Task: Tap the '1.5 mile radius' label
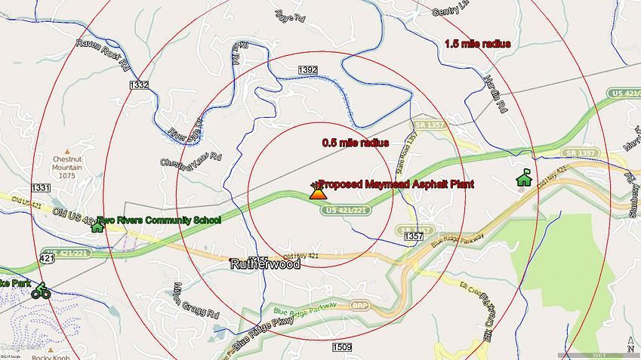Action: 477,44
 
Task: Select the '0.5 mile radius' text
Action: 355,143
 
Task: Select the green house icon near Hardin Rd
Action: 522,178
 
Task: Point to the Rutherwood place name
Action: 264,264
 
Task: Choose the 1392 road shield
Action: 307,69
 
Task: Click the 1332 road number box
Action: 139,85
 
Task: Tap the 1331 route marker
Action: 41,187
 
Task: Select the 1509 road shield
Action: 341,346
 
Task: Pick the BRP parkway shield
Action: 360,306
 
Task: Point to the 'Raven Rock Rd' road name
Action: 103,52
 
